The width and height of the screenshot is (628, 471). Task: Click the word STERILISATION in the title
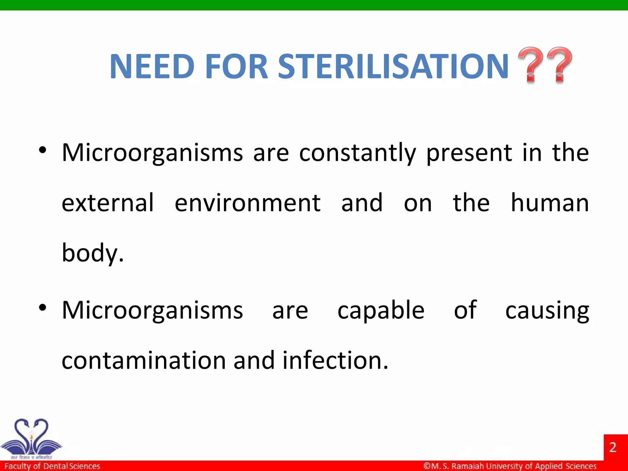[x=393, y=66]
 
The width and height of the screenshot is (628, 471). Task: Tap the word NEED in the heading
[x=152, y=66]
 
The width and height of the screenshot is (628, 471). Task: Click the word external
[x=107, y=203]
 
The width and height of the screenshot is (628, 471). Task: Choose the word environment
[x=247, y=203]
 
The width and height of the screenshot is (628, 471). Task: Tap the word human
[x=549, y=203]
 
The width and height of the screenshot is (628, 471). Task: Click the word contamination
[x=144, y=361]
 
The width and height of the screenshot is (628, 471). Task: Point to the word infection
[x=335, y=361]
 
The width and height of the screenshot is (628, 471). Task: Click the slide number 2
[x=613, y=447]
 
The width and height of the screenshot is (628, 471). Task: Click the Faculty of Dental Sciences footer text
[x=52, y=466]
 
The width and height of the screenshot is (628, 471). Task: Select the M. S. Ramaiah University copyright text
[x=510, y=466]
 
